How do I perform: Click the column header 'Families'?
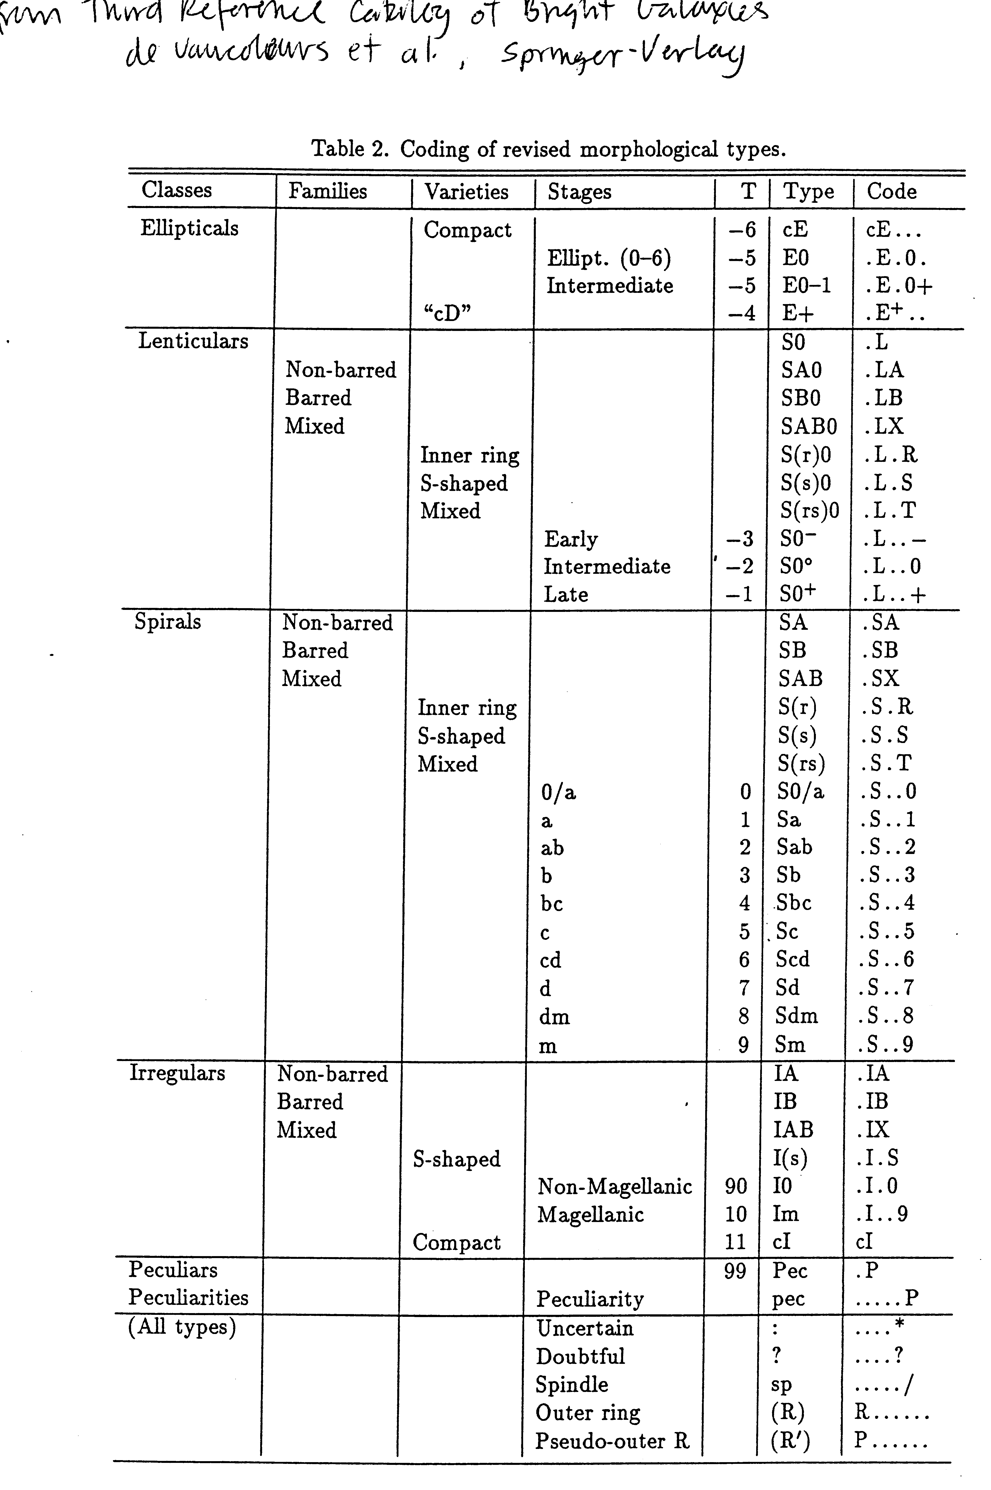coord(327,191)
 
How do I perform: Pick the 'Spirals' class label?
coord(167,621)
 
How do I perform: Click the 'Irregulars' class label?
coord(177,1073)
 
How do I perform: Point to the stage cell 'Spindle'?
coord(571,1384)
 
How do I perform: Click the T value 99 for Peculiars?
coord(734,1271)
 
